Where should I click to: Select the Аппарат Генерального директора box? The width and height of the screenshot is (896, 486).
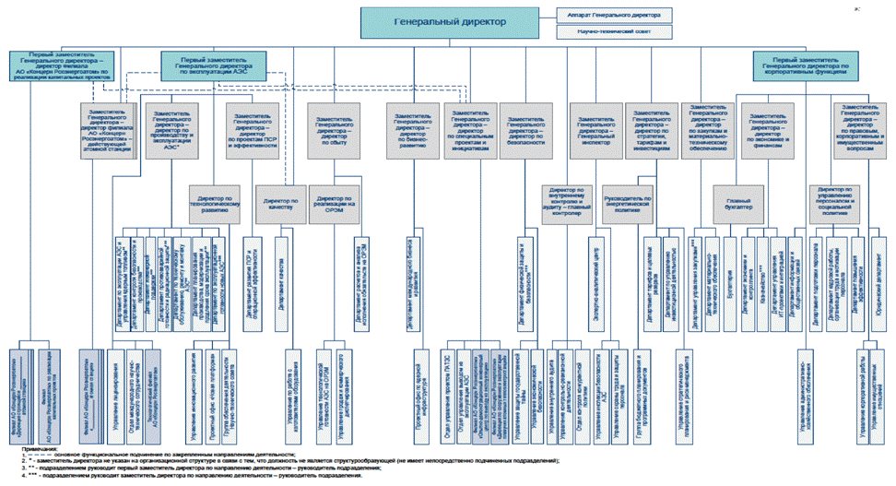(613, 15)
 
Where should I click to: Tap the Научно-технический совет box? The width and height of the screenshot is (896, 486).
(613, 31)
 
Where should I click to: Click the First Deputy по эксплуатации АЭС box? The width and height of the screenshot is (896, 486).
(214, 63)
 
